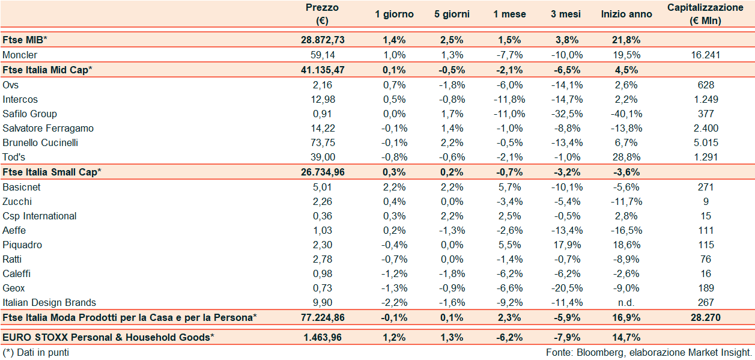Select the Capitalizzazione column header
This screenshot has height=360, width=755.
tap(705, 13)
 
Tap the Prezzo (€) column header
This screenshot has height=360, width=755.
tap(322, 13)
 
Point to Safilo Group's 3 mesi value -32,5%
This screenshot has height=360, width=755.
tap(565, 114)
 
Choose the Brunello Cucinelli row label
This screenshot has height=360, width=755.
tap(40, 142)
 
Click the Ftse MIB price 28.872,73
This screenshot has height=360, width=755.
tap(322, 40)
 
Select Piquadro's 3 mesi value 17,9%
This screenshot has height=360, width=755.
tap(565, 245)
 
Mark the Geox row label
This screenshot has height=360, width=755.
tap(14, 288)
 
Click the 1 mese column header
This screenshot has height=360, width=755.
tap(509, 14)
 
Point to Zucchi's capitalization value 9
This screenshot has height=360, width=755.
tap(706, 201)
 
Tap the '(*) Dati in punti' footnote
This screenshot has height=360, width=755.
tap(36, 352)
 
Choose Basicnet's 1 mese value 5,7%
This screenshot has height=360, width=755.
tap(509, 187)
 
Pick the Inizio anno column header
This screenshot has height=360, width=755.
tap(626, 14)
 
